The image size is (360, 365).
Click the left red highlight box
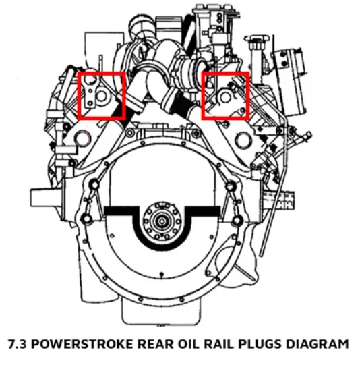pyautogui.click(x=102, y=96)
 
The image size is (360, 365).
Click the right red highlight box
pyautogui.click(x=227, y=96)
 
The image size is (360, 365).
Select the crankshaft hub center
pyautogui.click(x=162, y=220)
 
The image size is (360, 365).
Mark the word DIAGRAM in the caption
pyautogui.click(x=313, y=344)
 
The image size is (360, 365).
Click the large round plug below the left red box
pyautogui.click(x=83, y=140)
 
